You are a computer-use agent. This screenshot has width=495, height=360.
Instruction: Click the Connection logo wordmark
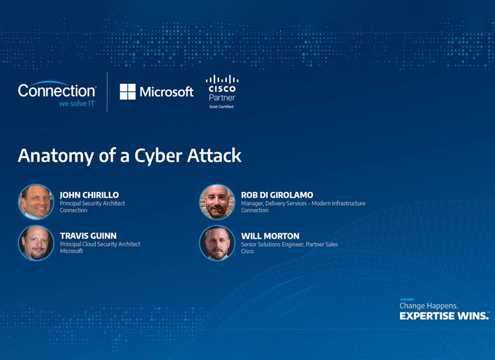pyautogui.click(x=57, y=90)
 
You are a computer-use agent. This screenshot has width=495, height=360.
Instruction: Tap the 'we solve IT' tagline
pyautogui.click(x=77, y=104)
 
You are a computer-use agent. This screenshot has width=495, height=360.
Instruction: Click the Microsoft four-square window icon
pyautogui.click(x=127, y=92)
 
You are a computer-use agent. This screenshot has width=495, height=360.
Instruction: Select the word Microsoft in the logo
pyautogui.click(x=166, y=92)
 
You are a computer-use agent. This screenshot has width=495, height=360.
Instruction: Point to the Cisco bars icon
pyautogui.click(x=222, y=79)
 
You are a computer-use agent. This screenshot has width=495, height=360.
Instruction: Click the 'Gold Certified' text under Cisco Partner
pyautogui.click(x=221, y=106)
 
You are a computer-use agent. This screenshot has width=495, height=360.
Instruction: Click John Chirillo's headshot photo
pyautogui.click(x=36, y=202)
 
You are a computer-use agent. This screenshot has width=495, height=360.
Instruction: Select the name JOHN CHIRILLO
pyautogui.click(x=89, y=195)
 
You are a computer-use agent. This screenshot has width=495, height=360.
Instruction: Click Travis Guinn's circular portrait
pyautogui.click(x=36, y=243)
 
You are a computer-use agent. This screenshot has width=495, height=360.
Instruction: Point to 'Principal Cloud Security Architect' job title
pyautogui.click(x=100, y=244)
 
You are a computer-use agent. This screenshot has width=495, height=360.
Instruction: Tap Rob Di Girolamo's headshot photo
pyautogui.click(x=217, y=202)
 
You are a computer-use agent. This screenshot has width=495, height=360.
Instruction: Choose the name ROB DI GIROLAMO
pyautogui.click(x=277, y=195)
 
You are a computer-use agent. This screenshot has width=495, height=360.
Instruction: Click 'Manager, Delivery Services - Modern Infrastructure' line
pyautogui.click(x=303, y=203)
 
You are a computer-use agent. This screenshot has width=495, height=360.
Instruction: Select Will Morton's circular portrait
pyautogui.click(x=217, y=243)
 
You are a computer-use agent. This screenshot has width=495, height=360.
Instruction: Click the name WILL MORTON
pyautogui.click(x=270, y=235)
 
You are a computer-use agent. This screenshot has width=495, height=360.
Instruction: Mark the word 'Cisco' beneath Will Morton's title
pyautogui.click(x=247, y=251)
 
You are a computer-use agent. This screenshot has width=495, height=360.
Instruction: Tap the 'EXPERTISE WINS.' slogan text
pyautogui.click(x=444, y=316)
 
